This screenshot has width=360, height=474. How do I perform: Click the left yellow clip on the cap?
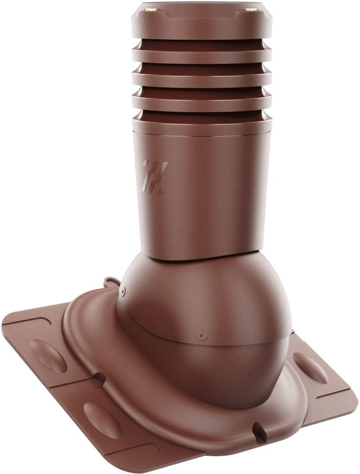tap(147, 12)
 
